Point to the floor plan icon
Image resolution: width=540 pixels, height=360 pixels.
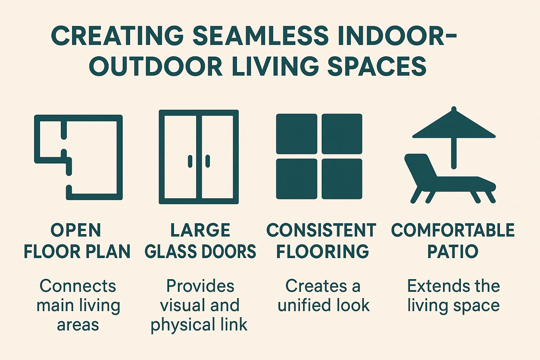pyautogui.click(x=78, y=157)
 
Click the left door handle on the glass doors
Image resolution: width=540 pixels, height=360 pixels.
pyautogui.click(x=190, y=161)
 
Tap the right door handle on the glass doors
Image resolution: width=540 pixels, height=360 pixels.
pyautogui.click(x=207, y=161)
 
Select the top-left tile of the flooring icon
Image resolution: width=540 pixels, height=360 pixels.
pyautogui.click(x=296, y=134)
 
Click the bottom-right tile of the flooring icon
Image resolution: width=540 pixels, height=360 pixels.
pyautogui.click(x=342, y=179)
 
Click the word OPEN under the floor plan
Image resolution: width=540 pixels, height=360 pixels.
pyautogui.click(x=76, y=231)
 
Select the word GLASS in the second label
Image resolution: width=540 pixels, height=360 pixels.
pyautogui.click(x=167, y=252)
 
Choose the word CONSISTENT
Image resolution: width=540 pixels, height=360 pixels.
pyautogui.click(x=321, y=231)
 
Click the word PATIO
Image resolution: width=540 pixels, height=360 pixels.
pyautogui.click(x=453, y=252)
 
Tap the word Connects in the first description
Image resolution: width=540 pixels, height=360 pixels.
pyautogui.click(x=78, y=286)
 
